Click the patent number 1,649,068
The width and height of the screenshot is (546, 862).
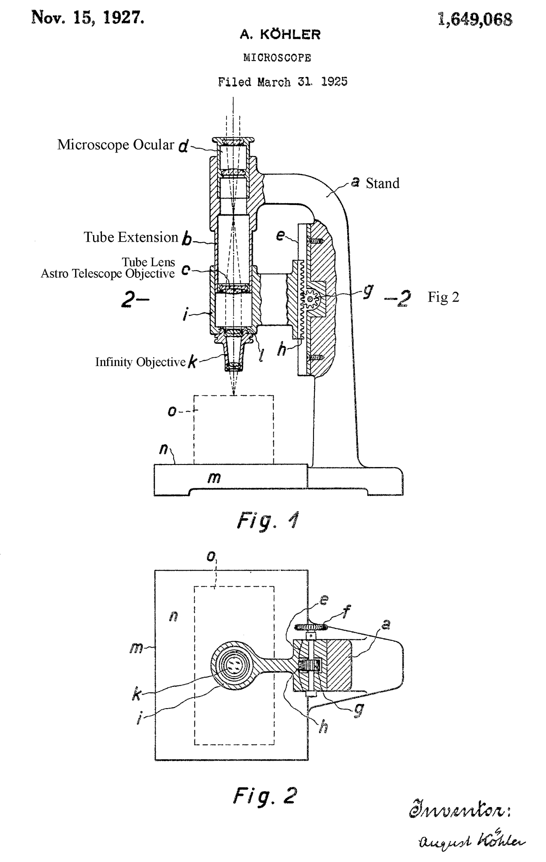pos(475,19)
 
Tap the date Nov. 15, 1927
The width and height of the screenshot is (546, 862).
pos(88,17)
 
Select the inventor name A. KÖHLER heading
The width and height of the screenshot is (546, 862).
pos(280,35)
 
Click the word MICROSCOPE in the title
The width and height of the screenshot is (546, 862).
pos(277,58)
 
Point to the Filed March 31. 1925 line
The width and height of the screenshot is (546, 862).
pos(282,81)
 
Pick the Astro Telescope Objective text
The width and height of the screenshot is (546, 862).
pos(107,274)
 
